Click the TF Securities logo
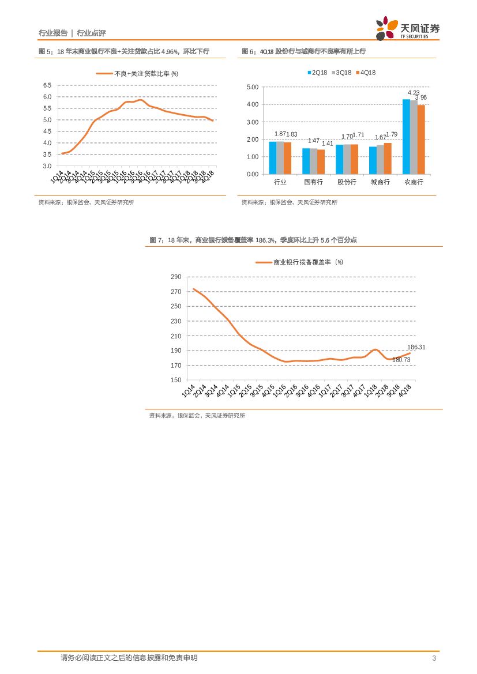pyautogui.click(x=407, y=28)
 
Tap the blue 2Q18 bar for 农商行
pyautogui.click(x=406, y=137)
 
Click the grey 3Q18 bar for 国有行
pyautogui.click(x=314, y=161)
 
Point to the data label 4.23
pyautogui.click(x=414, y=93)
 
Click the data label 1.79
pyautogui.click(x=392, y=134)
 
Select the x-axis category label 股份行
pyautogui.click(x=347, y=182)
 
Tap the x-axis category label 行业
pyautogui.click(x=280, y=182)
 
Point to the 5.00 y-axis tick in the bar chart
pyautogui.click(x=253, y=87)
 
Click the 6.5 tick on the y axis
pyautogui.click(x=47, y=85)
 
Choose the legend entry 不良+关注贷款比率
pyautogui.click(x=138, y=73)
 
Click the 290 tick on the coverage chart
pyautogui.click(x=176, y=277)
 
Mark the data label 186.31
pyautogui.click(x=416, y=347)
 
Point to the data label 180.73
pyautogui.click(x=401, y=360)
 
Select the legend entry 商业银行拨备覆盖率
pyautogui.click(x=300, y=262)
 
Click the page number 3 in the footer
pyautogui.click(x=433, y=658)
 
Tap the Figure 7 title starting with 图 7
pyautogui.click(x=253, y=240)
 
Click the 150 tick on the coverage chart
pyautogui.click(x=176, y=381)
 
